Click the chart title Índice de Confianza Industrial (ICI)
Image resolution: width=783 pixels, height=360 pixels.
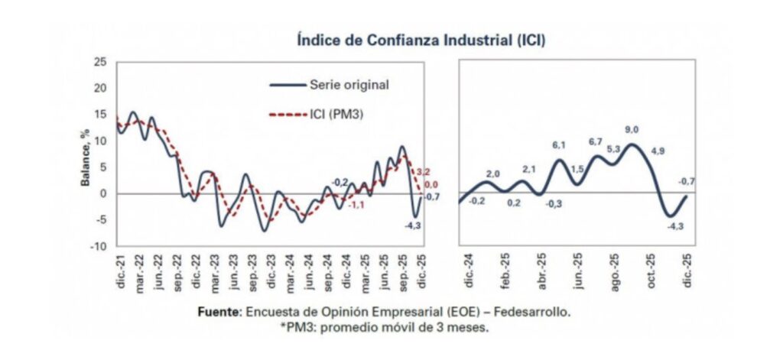(x=421, y=40)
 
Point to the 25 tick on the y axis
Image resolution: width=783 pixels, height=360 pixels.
(x=99, y=62)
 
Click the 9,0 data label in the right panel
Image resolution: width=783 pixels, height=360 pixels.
(x=632, y=129)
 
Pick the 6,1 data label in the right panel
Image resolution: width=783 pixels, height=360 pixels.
(x=557, y=145)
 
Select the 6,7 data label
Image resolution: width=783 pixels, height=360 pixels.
(x=596, y=141)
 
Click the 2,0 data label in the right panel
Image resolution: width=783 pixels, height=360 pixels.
(x=492, y=174)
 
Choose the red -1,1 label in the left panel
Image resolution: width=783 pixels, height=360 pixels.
(x=356, y=206)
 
